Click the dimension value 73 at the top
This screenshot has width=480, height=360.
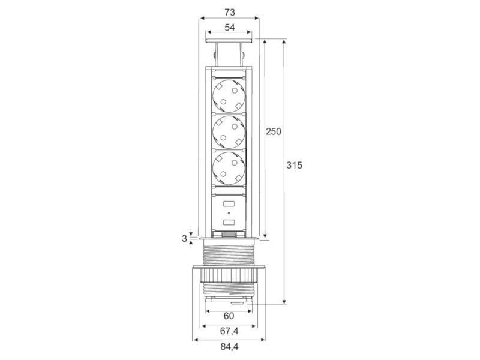229,12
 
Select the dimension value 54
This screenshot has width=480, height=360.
229,27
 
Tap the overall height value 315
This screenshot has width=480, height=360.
294,165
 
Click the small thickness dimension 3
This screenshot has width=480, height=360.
184,238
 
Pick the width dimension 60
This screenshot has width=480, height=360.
229,316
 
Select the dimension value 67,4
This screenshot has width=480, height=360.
229,332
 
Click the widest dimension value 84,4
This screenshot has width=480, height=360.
229,347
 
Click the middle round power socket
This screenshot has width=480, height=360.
229,131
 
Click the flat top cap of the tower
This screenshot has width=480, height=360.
229,41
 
